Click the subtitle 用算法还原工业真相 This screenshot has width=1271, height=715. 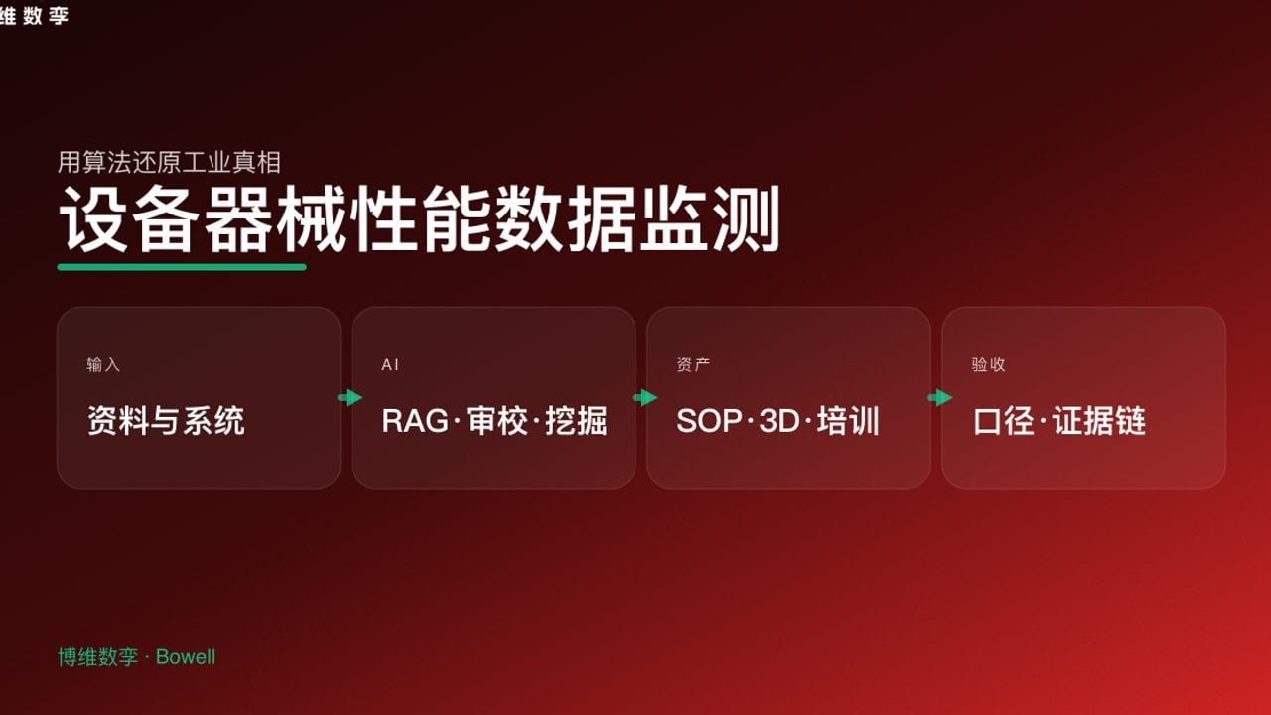[170, 162]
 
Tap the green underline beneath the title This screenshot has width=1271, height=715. [182, 266]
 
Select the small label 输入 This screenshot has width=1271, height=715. [103, 365]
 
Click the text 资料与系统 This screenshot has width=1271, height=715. [166, 421]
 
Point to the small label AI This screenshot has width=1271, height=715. [390, 365]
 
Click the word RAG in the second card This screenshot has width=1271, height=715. [415, 421]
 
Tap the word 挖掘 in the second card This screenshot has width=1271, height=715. [577, 421]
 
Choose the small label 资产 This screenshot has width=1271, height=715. [693, 365]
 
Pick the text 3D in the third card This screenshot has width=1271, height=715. [779, 421]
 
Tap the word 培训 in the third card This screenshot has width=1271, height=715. [849, 421]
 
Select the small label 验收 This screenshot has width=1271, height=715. [989, 365]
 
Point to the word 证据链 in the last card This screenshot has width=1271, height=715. [1099, 421]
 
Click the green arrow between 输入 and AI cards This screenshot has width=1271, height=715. [350, 398]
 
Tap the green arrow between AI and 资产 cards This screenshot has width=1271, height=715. [645, 398]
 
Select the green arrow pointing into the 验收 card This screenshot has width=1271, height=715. [939, 398]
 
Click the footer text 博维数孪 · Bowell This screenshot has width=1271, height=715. [136, 657]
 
